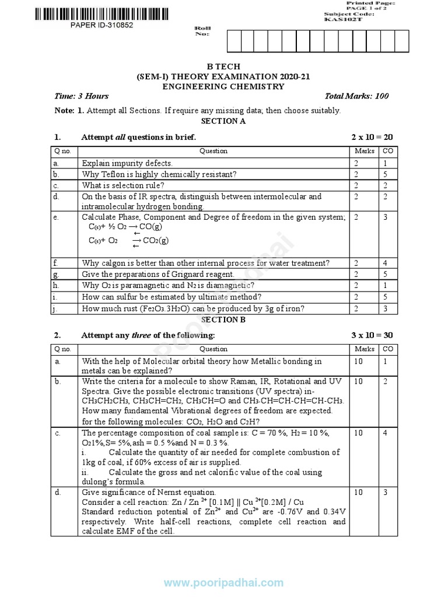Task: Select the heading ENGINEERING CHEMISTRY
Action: (x=224, y=86)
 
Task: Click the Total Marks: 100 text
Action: (x=357, y=96)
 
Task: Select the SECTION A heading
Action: (x=223, y=121)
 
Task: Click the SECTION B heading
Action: (x=223, y=319)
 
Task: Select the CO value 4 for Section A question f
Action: (x=385, y=263)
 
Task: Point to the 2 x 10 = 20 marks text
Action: (x=372, y=137)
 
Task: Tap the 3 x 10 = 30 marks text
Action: (x=372, y=335)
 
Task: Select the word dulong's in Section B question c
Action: (x=97, y=482)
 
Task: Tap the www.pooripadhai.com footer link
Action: (x=223, y=583)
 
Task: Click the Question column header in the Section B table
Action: (x=213, y=349)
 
